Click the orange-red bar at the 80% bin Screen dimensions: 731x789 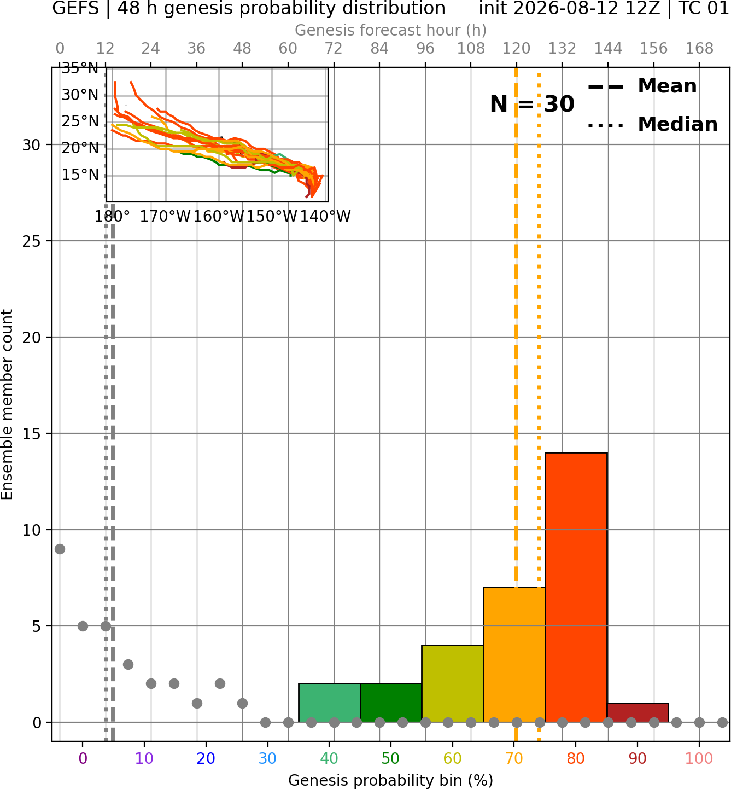[576, 587]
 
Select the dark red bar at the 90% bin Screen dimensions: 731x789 [638, 713]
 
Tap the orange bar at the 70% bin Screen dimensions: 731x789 [514, 655]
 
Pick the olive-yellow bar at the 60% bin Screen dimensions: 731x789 [453, 684]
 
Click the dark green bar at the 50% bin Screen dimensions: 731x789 [391, 703]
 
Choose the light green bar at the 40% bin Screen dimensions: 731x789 [330, 703]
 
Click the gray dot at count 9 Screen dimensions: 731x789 [60, 549]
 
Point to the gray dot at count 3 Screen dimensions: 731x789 [128, 664]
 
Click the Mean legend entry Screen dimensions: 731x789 [642, 86]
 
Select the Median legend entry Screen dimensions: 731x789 [652, 124]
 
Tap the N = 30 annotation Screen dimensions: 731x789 [532, 104]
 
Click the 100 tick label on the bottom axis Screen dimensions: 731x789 [699, 758]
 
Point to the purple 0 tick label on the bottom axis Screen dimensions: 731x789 [83, 758]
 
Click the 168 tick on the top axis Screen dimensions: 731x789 [700, 49]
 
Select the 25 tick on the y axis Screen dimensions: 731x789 [32, 241]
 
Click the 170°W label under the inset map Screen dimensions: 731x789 [165, 217]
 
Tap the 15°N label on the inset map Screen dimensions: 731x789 [80, 175]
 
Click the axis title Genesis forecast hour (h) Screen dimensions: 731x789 [391, 30]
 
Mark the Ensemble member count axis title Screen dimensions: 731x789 [7, 404]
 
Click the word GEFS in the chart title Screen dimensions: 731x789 [75, 8]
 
